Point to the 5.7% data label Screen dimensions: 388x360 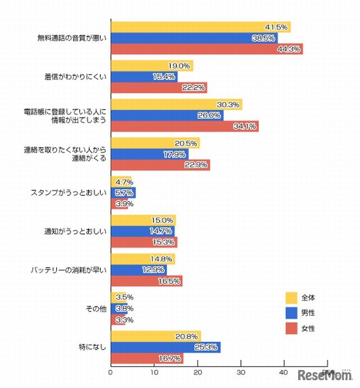coord(125,192)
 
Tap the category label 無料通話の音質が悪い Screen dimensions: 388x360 coord(72,38)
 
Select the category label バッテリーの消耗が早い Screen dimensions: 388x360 coord(69,270)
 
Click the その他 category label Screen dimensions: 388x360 coord(96,308)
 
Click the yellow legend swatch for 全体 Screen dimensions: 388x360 coord(291,297)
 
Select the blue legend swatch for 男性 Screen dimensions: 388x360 coord(291,313)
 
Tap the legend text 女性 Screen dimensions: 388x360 coord(308,328)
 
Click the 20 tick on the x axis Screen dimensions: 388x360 coord(197,372)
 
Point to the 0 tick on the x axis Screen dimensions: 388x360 coord(111,372)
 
